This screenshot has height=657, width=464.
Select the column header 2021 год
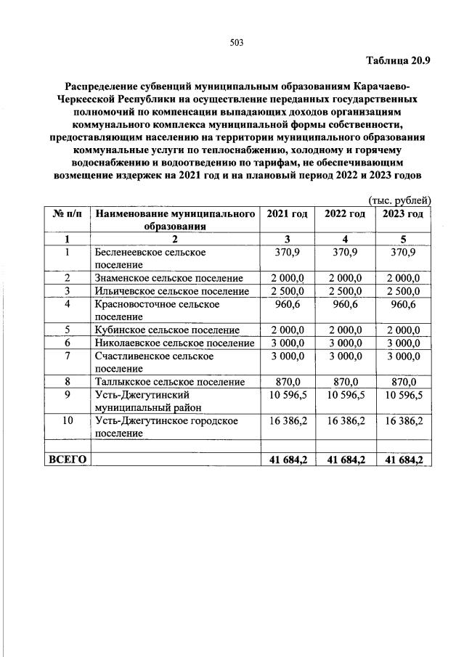pyautogui.click(x=287, y=213)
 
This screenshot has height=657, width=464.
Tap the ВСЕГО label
pyautogui.click(x=68, y=460)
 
